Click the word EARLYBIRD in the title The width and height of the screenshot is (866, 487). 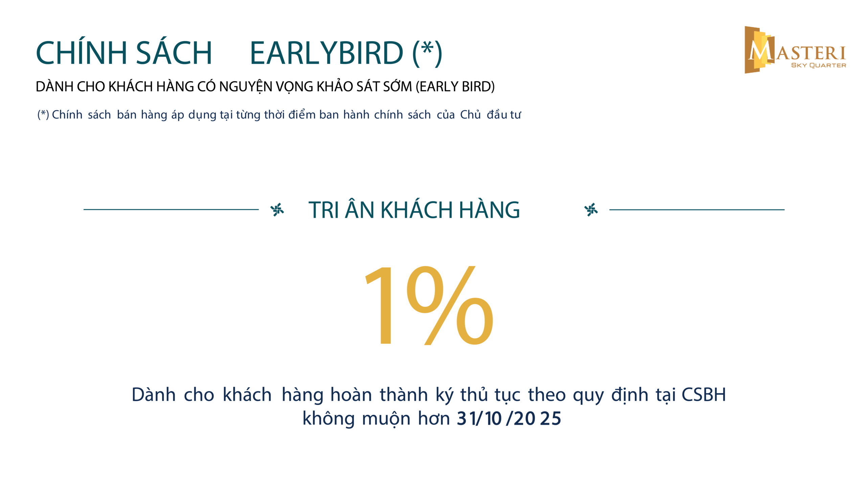point(326,53)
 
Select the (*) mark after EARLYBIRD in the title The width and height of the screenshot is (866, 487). point(427,53)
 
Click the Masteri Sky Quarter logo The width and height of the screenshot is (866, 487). point(795,50)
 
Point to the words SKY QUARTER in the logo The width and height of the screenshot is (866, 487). point(818,65)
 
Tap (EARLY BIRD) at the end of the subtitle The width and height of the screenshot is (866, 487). point(455,87)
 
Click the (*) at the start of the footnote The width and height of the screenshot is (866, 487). point(43,114)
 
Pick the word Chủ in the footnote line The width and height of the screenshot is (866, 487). point(470,115)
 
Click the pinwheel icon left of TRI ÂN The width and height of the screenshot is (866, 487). point(277,210)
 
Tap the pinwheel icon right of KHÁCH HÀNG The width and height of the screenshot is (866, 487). point(591,210)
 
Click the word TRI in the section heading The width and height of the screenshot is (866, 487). point(323,210)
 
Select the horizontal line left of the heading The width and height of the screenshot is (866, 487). point(171,209)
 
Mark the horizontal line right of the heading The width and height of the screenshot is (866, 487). point(697,210)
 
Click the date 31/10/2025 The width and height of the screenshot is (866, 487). point(509,419)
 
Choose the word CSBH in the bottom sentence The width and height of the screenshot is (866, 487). point(703,395)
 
